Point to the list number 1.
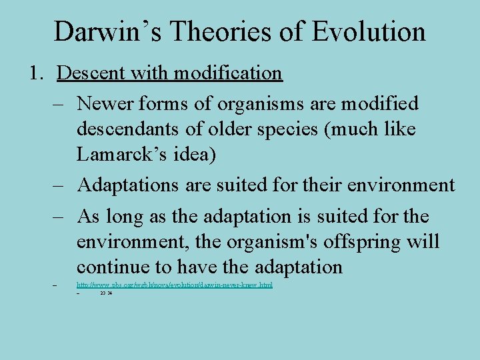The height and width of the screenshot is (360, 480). pos(36,73)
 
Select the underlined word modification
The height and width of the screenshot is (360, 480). pos(229,73)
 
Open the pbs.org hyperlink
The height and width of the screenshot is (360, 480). pos(175,285)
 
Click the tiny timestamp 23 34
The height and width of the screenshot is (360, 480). pos(105,293)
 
